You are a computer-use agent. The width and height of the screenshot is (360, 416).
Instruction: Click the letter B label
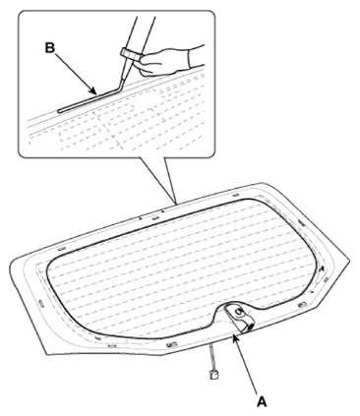49,48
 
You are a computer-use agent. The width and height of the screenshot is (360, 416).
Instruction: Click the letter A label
262,401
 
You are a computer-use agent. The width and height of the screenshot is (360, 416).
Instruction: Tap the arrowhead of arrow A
234,338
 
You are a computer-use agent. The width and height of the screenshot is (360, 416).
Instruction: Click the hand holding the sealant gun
164,60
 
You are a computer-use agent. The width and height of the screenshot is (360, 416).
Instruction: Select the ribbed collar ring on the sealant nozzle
130,54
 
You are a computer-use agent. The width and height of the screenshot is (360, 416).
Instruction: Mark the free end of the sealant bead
59,111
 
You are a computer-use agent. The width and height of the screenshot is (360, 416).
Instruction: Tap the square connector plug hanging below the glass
213,374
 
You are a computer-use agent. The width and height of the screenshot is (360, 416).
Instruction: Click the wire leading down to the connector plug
210,357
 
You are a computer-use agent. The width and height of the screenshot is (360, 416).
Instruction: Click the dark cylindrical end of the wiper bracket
250,327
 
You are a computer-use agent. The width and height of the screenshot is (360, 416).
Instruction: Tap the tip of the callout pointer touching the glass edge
176,204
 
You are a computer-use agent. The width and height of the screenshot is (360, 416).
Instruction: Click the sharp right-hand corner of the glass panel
349,260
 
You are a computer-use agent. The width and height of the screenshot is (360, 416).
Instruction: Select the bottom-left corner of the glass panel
45,353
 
